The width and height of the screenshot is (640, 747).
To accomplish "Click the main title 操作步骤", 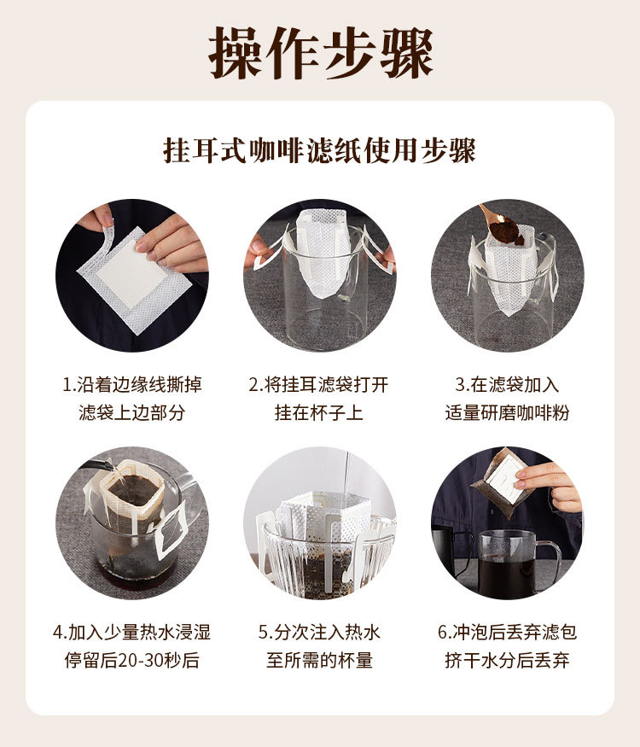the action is pyautogui.click(x=321, y=52).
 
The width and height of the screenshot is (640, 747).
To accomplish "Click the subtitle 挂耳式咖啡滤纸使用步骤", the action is pyautogui.click(x=319, y=151).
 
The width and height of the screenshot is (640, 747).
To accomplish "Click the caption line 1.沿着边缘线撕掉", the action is pyautogui.click(x=132, y=385).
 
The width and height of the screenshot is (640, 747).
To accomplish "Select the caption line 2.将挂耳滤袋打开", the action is pyautogui.click(x=318, y=385).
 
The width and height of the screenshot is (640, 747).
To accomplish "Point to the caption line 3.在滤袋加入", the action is pyautogui.click(x=507, y=385).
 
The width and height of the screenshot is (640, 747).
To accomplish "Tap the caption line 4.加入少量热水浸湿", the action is pyautogui.click(x=132, y=633).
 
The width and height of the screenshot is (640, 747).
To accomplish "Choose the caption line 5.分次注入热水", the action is pyautogui.click(x=319, y=633).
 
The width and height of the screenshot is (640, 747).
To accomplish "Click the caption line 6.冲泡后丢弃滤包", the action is pyautogui.click(x=507, y=633).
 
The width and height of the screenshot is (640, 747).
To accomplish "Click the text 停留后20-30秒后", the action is pyautogui.click(x=132, y=660).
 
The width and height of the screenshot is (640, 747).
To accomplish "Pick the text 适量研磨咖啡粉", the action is pyautogui.click(x=507, y=413).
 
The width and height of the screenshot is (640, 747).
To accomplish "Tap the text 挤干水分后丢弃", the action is pyautogui.click(x=507, y=660).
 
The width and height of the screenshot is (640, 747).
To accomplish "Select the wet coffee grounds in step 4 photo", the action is pyautogui.click(x=135, y=491).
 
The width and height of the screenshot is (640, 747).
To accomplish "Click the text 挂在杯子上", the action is pyautogui.click(x=319, y=413).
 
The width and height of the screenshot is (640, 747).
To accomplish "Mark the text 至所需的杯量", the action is pyautogui.click(x=319, y=660).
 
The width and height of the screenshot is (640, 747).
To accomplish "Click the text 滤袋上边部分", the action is pyautogui.click(x=132, y=413).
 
